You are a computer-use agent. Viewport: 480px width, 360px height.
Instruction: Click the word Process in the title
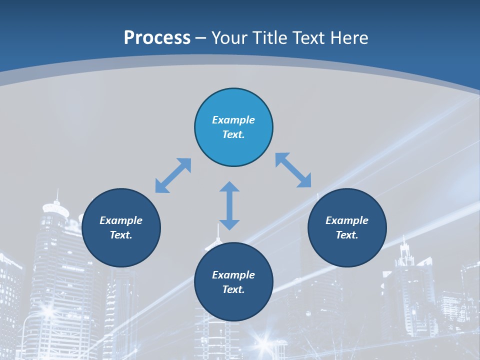pos(157,38)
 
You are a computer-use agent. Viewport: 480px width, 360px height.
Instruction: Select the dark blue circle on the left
pos(121,250)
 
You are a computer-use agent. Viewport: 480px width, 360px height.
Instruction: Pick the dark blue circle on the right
pos(347,250)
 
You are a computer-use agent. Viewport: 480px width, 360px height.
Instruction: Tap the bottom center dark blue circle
pos(233,305)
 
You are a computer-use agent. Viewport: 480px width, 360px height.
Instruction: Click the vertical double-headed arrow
pos(229,205)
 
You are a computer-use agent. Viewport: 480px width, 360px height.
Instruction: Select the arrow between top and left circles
pos(173,175)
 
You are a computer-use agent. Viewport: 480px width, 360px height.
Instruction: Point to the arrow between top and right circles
pos(293,170)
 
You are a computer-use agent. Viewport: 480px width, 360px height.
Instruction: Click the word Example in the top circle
pos(233,120)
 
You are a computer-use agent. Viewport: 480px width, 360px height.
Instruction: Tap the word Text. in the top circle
pos(233,134)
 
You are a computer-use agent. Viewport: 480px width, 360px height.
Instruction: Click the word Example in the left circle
pos(121,220)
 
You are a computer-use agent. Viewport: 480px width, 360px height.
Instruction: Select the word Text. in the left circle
pos(121,235)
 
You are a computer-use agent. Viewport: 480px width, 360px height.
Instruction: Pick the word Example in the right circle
pos(347,220)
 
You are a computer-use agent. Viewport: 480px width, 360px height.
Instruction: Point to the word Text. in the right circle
pos(347,235)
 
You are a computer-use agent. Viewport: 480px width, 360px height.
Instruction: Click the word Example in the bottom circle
pos(233,275)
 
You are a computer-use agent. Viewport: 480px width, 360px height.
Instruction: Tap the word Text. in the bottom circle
pos(233,289)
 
